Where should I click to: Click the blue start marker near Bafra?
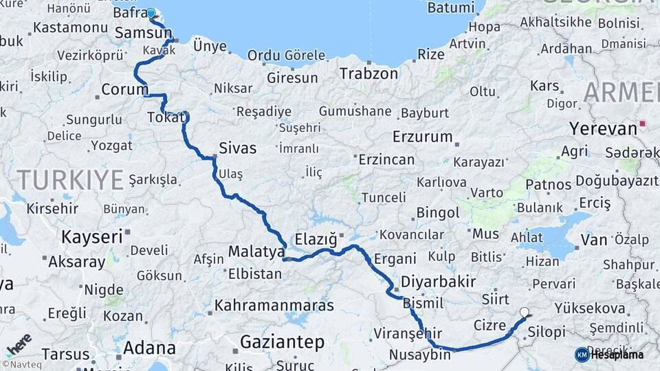tap(151, 13)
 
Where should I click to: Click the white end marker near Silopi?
tap(525, 312)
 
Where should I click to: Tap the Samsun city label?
tap(144, 33)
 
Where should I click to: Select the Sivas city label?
tap(237, 148)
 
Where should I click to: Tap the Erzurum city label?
tap(423, 136)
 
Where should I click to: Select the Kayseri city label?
tap(92, 237)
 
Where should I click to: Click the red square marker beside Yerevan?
tap(643, 124)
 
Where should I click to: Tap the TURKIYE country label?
tap(70, 180)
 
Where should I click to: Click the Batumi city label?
tap(451, 8)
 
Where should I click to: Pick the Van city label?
tap(594, 240)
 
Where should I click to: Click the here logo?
tap(19, 344)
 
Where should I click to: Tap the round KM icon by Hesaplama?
tap(582, 355)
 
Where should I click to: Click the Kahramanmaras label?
tap(274, 305)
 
